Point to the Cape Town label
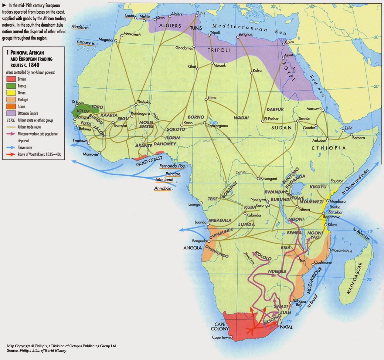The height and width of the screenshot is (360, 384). click(x=221, y=338)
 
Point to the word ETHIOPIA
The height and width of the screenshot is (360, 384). click(x=329, y=148)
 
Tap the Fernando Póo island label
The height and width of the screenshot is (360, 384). click(x=172, y=166)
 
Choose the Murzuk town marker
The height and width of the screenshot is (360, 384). click(x=212, y=63)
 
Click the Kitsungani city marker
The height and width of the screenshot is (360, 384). click(x=258, y=178)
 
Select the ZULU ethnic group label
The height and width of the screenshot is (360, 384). click(x=285, y=312)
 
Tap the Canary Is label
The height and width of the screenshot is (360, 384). click(x=86, y=43)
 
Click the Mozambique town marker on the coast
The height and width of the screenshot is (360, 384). click(x=329, y=250)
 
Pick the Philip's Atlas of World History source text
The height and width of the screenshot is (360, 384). click(x=43, y=351)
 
